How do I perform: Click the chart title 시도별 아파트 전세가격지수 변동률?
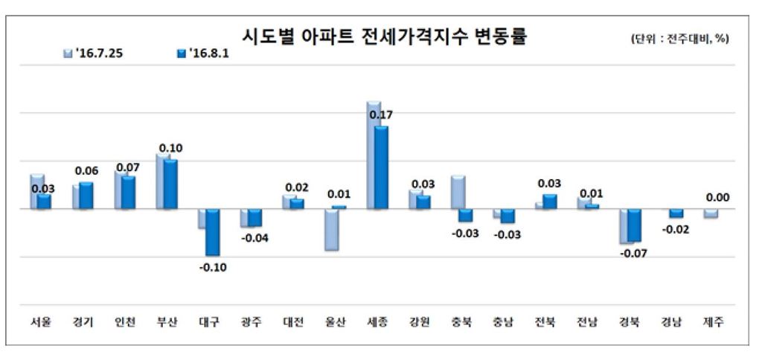pos(384,36)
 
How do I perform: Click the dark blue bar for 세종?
pos(381,167)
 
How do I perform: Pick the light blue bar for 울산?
pos(331,229)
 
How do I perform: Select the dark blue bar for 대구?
pos(213,232)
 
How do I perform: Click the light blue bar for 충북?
pos(458,193)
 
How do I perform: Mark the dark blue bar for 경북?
pos(634,225)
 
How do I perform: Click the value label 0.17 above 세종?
pos(381,115)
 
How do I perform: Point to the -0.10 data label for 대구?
pos(213,268)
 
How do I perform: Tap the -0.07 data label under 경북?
pos(634,254)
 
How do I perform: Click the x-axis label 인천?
pos(124,323)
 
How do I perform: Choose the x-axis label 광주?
pos(251,323)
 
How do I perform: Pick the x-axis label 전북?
pos(545,323)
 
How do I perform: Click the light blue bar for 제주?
pos(711,213)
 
